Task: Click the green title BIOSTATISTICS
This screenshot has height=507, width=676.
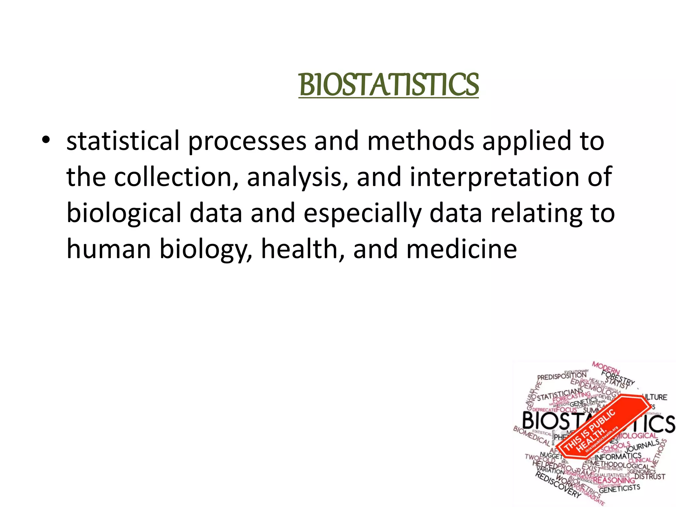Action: click(x=389, y=85)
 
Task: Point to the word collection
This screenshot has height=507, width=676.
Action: click(x=173, y=177)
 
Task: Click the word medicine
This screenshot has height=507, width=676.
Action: click(x=461, y=249)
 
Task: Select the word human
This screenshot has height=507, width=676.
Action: click(x=109, y=249)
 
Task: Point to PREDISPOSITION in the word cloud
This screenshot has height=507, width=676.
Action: click(x=562, y=376)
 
